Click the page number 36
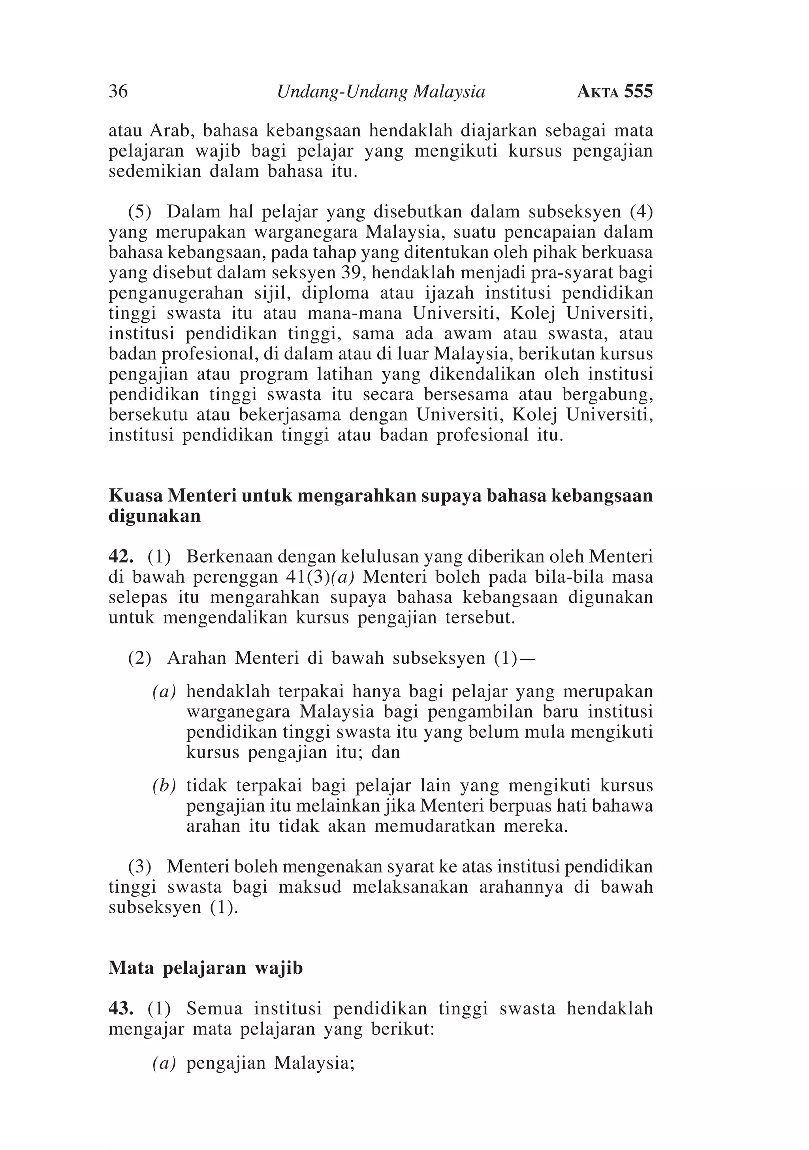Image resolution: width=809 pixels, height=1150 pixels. pyautogui.click(x=118, y=91)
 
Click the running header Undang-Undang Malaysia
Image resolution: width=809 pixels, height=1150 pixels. pyautogui.click(x=381, y=91)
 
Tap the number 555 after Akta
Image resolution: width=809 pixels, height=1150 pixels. pyautogui.click(x=638, y=91)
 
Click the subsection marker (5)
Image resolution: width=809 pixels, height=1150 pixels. pyautogui.click(x=140, y=212)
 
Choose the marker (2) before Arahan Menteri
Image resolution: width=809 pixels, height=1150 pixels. pyautogui.click(x=140, y=658)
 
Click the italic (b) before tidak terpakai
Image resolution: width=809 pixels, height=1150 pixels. pyautogui.click(x=164, y=786)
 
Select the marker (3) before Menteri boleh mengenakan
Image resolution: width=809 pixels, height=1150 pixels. pyautogui.click(x=140, y=866)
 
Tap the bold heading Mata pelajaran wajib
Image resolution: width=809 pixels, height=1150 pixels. pyautogui.click(x=206, y=968)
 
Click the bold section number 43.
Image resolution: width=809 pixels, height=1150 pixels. pyautogui.click(x=120, y=1008)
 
